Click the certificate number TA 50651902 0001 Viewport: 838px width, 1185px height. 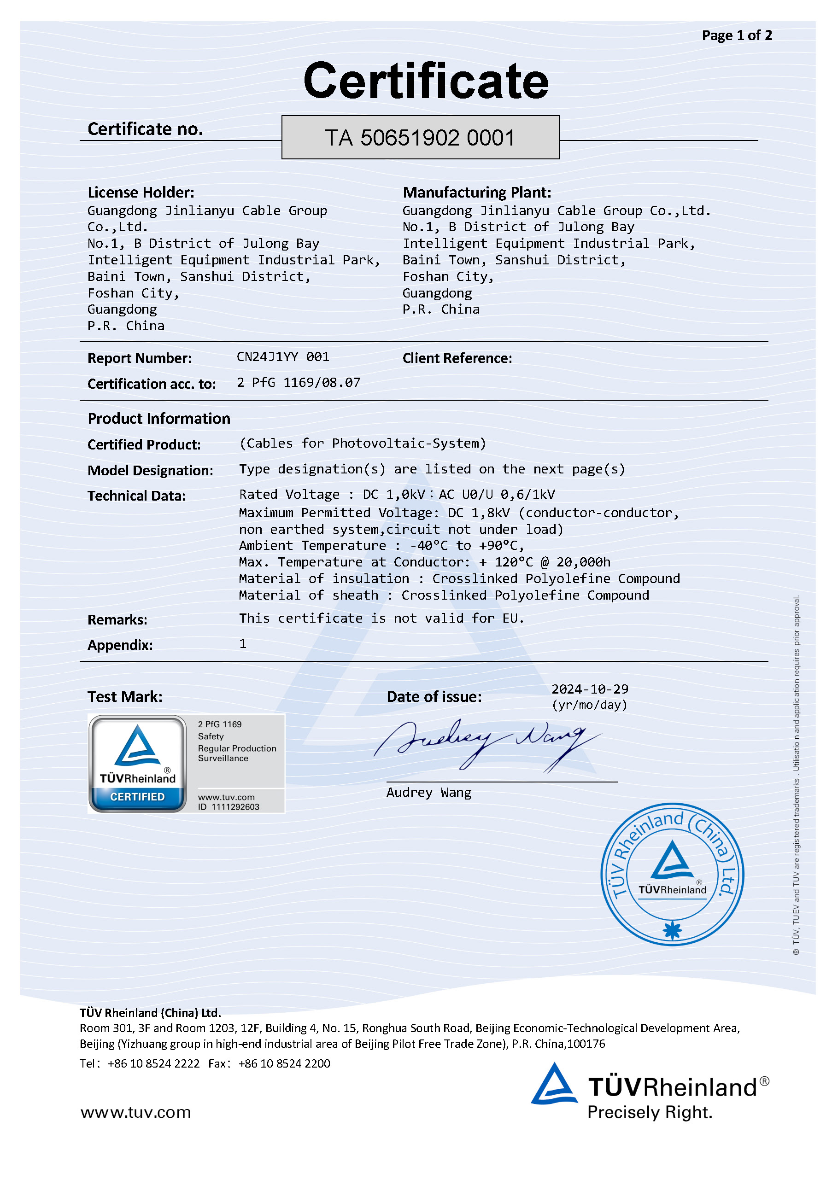[x=420, y=138]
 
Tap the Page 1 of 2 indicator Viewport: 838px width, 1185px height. [x=736, y=35]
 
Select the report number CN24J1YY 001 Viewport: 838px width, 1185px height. [x=282, y=356]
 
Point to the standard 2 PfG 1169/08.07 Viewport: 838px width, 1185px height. [x=298, y=382]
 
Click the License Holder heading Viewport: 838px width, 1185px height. [x=141, y=193]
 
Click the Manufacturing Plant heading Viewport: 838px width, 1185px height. [x=476, y=193]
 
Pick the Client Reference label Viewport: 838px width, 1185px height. [x=457, y=358]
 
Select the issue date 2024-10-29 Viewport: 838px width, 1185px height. [x=590, y=689]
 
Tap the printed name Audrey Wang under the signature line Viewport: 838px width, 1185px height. [x=428, y=792]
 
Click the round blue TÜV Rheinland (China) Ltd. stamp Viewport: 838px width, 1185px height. [x=672, y=874]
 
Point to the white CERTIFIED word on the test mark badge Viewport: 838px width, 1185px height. [x=137, y=797]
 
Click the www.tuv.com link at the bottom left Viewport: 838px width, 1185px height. [x=135, y=1112]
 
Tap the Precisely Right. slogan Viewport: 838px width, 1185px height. [x=650, y=1112]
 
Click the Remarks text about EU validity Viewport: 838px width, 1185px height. [x=381, y=619]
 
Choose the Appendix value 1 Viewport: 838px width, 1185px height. [x=243, y=643]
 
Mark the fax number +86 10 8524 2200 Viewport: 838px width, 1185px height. [x=284, y=1064]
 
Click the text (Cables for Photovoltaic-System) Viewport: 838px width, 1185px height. [x=363, y=444]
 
